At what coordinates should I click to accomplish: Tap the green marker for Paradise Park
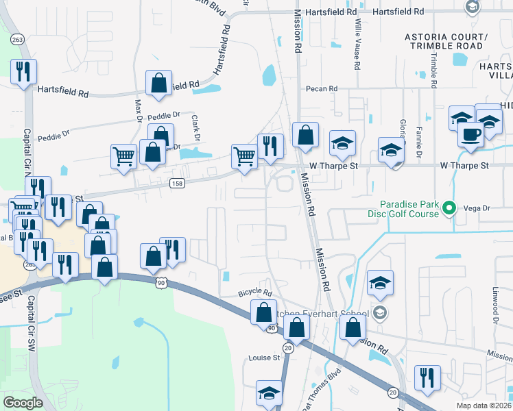(450, 207)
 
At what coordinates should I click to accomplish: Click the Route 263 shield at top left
(17, 40)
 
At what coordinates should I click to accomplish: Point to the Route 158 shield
(176, 183)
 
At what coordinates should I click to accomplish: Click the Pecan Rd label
(323, 88)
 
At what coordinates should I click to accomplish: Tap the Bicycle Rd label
(255, 292)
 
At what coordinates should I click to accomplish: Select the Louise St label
(264, 358)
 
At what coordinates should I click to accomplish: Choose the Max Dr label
(138, 110)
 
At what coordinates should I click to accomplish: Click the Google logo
(23, 403)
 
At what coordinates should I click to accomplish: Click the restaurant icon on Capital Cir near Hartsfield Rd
(24, 71)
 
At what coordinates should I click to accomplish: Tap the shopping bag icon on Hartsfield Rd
(158, 83)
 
